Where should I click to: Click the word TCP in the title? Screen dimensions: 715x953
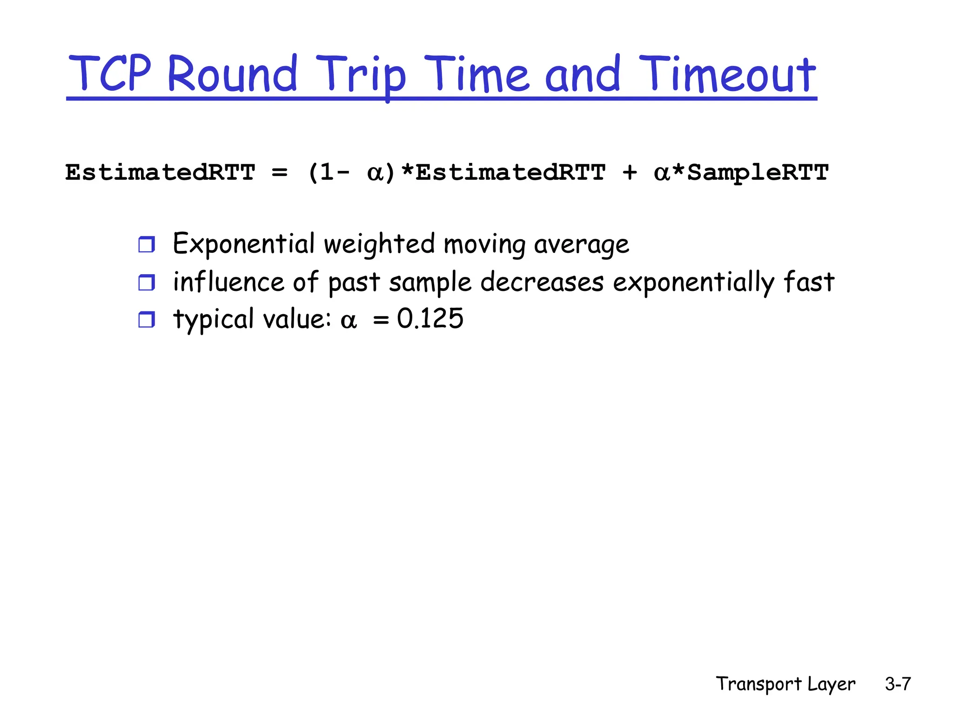point(110,74)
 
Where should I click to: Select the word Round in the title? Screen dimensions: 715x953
point(232,74)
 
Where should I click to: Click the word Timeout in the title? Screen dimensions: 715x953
point(727,74)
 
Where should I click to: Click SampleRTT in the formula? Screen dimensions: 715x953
point(758,173)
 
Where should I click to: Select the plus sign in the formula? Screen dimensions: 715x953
point(630,173)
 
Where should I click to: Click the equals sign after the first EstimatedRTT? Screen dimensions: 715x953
point(280,173)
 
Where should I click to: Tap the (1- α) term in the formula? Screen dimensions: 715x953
point(352,173)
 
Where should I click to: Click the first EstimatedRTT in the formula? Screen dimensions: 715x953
point(160,173)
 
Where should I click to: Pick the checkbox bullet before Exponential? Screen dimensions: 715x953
point(147,244)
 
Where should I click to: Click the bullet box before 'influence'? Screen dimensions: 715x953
point(147,282)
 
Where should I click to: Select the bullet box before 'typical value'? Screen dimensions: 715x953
point(147,319)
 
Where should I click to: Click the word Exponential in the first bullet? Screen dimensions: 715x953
point(243,244)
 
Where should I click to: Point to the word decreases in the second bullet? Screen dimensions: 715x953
point(542,282)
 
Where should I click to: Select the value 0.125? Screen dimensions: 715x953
point(430,319)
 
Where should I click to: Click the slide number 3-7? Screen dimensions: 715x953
point(898,684)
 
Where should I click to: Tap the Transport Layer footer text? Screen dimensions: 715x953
point(785,684)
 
